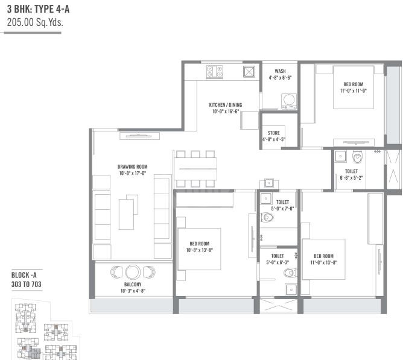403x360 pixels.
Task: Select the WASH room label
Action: tap(280, 71)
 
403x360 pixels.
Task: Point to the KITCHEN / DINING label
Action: tap(225, 104)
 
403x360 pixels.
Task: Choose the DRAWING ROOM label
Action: tap(132, 166)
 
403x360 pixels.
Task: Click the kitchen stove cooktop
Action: tap(214, 72)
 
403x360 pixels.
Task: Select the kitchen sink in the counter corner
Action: tap(249, 72)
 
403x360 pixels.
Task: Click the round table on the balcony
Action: tap(133, 272)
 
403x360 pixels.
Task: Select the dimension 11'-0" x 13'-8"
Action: tap(323, 262)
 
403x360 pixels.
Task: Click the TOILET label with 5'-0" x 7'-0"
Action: tap(282, 202)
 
